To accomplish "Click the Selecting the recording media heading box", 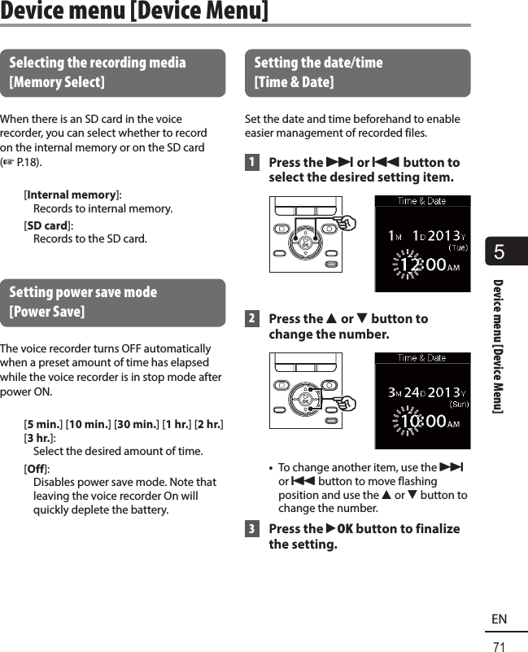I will click(x=113, y=72).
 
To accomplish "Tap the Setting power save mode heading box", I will click(x=113, y=302).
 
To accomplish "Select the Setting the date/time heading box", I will click(x=357, y=72).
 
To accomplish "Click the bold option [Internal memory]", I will click(x=72, y=195).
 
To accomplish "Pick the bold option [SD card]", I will click(x=48, y=225).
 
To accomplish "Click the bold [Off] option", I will click(x=36, y=467).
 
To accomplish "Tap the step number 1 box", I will click(x=254, y=162).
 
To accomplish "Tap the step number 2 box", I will click(x=254, y=318).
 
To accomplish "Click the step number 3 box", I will click(x=254, y=528).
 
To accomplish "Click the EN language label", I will click(x=499, y=619).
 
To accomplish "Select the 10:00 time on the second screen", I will click(x=422, y=422).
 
